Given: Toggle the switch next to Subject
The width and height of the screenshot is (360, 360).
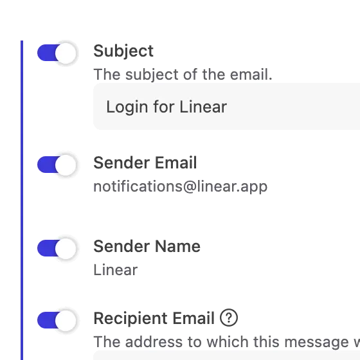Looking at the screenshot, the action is pos(57,53).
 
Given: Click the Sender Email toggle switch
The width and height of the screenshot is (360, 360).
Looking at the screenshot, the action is pos(57,165).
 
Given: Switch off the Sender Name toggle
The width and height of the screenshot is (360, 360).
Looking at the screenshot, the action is pos(57,248).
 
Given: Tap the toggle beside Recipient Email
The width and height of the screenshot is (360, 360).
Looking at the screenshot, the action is pos(57,320).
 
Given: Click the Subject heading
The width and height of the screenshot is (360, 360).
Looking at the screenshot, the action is pos(123,51).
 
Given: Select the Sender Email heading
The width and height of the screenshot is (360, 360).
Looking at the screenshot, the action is pos(145,163).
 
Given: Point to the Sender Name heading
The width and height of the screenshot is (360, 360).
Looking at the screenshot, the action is pos(147,246).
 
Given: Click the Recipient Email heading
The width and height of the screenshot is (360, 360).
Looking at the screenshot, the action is pos(154,319).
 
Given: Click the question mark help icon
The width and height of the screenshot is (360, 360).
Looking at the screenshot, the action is pos(229,318).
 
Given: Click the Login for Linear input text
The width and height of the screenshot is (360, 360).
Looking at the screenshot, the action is pos(166,107).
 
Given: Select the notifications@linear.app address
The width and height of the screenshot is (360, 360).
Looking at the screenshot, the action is pos(181,186).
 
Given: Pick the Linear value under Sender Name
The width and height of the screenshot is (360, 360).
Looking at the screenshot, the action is pos(116,270).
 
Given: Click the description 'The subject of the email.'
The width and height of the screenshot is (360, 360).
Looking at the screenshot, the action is pos(183,75).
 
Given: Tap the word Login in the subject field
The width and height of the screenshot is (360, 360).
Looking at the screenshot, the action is pos(127,107).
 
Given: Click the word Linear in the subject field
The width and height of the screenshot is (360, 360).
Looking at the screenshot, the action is pos(203,107).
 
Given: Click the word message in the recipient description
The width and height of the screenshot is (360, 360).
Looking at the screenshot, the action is pos(316,342).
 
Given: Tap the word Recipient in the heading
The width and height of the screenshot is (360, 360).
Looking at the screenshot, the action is pos(131,319).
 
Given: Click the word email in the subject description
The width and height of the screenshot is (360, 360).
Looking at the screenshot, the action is pos(251,75).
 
